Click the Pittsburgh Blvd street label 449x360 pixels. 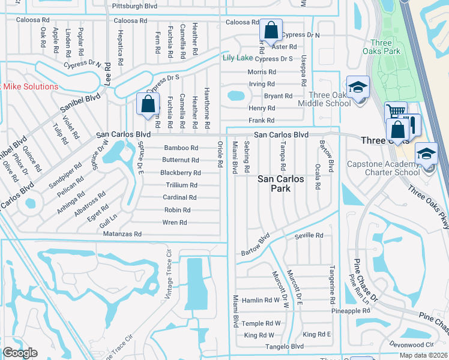click(134, 6)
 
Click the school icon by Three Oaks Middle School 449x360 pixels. click(357, 88)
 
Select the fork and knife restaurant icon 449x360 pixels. click(412, 124)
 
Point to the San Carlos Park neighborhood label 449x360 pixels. click(281, 184)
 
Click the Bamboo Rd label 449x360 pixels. click(181, 148)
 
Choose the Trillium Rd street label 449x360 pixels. click(181, 185)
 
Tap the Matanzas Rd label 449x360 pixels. click(121, 234)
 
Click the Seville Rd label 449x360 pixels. click(309, 236)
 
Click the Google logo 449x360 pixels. click(20, 353)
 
